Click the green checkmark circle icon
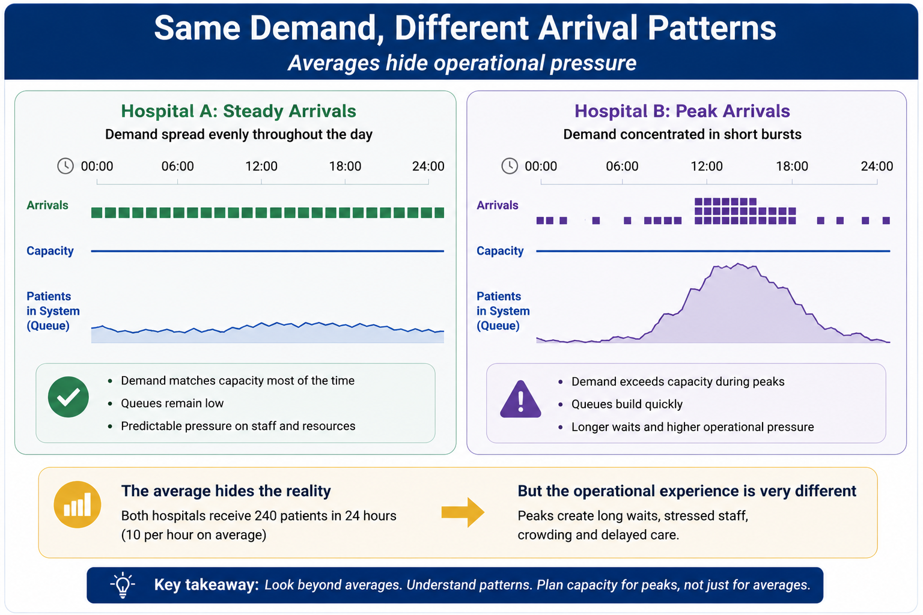[69, 397]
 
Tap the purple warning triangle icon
[520, 399]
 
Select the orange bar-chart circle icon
[78, 504]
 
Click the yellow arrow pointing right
[463, 512]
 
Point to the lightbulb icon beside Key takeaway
[123, 585]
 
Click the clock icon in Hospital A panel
[65, 166]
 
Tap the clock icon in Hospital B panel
[510, 166]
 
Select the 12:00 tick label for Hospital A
[261, 166]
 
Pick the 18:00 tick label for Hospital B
[792, 166]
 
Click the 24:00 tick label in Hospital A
[428, 166]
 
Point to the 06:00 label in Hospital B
[622, 166]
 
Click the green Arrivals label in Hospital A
[47, 205]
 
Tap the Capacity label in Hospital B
[500, 251]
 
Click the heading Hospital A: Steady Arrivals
[239, 111]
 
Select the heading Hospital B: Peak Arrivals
[683, 111]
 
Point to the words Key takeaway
[207, 585]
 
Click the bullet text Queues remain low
[172, 403]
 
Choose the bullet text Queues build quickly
[627, 404]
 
